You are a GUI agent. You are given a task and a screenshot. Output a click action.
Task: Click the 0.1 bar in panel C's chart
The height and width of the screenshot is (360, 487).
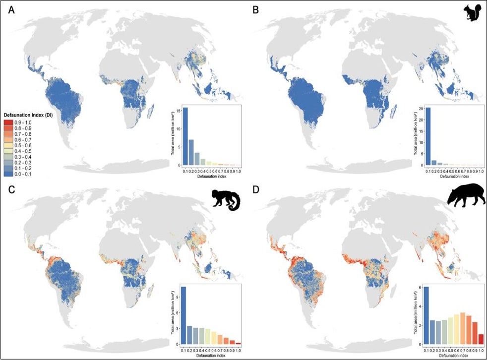[x=183, y=315]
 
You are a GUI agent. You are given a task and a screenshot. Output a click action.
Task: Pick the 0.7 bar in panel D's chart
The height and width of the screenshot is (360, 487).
[x=462, y=328]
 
